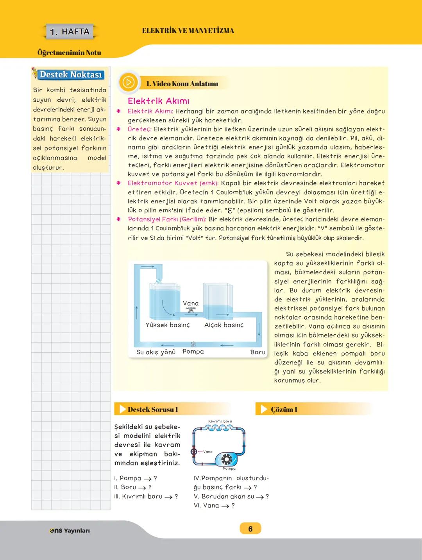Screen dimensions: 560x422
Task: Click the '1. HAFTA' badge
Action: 70,32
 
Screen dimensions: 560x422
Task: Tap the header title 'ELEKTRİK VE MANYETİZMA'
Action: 188,31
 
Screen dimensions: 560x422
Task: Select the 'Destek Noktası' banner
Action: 70,74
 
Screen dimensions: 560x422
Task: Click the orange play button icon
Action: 128,82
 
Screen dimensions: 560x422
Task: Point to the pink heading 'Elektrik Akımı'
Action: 158,101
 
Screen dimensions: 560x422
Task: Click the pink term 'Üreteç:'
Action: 139,129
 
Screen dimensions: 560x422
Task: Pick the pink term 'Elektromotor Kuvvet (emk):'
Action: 173,183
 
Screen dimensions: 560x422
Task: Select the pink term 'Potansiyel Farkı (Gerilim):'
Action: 167,219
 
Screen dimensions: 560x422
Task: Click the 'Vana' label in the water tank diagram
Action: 191,303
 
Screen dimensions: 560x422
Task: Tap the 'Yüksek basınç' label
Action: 167,325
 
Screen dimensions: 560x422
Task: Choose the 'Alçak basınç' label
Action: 224,325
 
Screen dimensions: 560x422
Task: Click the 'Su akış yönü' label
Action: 156,352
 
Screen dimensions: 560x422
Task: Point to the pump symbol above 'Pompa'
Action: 193,345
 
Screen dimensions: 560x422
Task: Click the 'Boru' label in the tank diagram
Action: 258,352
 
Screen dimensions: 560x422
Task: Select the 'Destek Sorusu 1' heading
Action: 152,409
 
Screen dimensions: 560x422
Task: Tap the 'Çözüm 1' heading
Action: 284,409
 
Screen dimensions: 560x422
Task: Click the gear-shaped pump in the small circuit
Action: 226,459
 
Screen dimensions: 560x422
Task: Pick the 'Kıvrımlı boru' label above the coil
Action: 220,421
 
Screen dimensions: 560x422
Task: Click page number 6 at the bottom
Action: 250,529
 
